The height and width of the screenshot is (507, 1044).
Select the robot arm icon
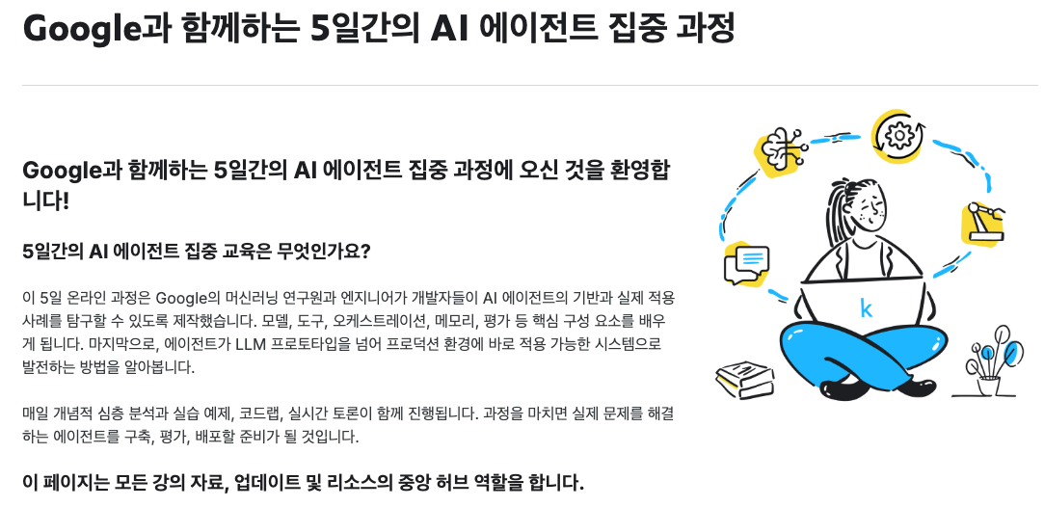(982, 222)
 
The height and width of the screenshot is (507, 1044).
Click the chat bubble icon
(750, 261)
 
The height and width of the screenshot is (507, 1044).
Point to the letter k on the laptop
(866, 308)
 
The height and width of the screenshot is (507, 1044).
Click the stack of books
(744, 379)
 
